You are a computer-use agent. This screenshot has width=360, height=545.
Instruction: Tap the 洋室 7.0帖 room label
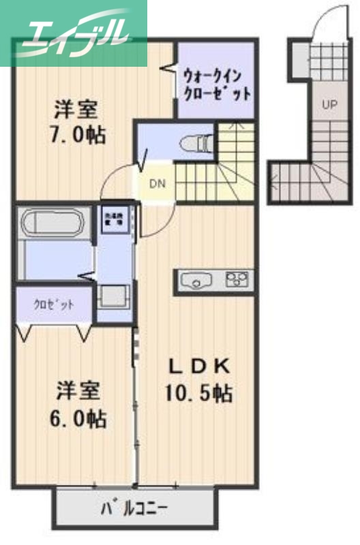coord(76,122)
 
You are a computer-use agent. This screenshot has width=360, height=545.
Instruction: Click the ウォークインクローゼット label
coord(215,83)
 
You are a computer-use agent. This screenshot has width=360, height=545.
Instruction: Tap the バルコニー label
coord(135,508)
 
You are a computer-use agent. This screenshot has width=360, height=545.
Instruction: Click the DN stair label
coord(158,183)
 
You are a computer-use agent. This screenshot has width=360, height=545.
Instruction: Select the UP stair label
coord(330,105)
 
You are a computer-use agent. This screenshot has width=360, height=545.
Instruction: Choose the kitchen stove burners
coord(238,278)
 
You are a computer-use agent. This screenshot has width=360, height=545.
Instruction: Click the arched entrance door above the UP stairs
coord(326,20)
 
